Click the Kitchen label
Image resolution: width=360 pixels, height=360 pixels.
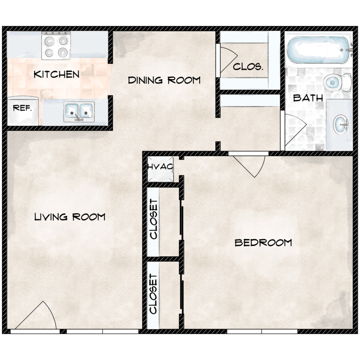(57, 74)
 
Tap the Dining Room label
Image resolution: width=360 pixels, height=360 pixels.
(164, 80)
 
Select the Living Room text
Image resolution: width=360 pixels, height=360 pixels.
(70, 217)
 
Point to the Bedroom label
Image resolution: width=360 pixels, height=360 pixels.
(263, 243)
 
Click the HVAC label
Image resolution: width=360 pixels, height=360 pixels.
(160, 167)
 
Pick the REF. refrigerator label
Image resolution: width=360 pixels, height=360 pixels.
(22, 108)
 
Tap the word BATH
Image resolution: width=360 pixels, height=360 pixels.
(308, 98)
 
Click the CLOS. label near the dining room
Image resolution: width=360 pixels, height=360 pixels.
(248, 67)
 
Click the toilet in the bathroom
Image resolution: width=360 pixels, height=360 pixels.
(337, 82)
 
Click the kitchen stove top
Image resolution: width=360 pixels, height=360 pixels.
(56, 46)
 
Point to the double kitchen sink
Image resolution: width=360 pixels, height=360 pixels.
(79, 112)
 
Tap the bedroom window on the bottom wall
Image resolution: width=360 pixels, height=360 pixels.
(262, 332)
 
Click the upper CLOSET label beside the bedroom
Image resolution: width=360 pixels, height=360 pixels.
(154, 219)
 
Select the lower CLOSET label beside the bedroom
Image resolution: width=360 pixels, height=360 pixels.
(154, 294)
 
